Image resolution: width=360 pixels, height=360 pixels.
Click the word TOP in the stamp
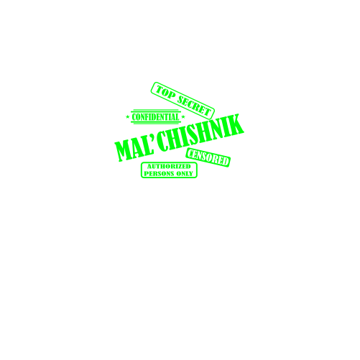pos(165,93)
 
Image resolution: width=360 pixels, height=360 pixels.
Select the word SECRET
pos(194,106)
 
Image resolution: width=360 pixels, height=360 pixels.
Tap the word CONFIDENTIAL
pos(155,117)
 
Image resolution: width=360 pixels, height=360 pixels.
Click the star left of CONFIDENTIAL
pos(128,117)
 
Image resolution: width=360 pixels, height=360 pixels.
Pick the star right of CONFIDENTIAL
pos(183,117)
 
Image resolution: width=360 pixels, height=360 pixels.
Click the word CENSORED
pos(208,157)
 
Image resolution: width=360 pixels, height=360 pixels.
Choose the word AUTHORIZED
pos(169,167)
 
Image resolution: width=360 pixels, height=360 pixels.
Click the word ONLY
pos(185,174)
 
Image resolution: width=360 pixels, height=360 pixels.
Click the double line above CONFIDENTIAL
pos(155,111)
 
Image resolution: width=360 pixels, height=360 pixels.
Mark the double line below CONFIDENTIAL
pos(155,123)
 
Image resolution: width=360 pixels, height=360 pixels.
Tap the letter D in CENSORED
pos(225,162)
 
